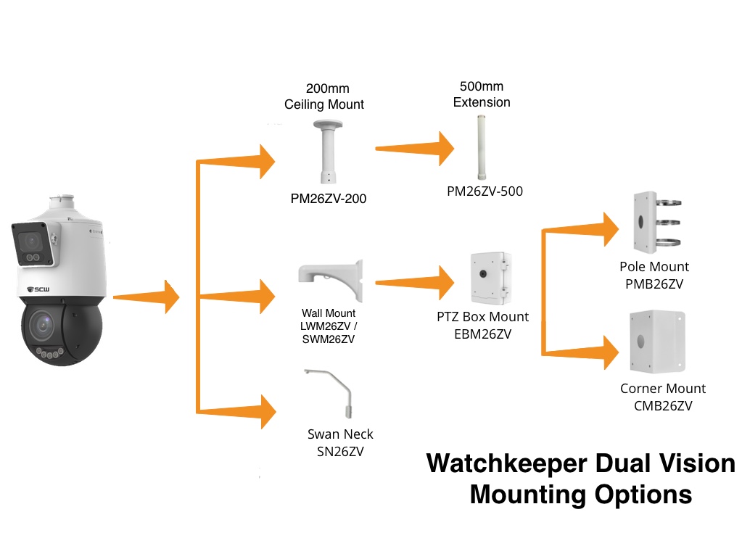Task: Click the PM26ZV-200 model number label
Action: tap(329, 199)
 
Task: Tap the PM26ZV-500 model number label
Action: tap(485, 191)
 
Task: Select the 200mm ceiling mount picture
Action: tap(327, 152)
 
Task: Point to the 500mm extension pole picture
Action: tap(482, 147)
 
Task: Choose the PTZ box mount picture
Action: tap(491, 278)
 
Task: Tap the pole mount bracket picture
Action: tap(656, 223)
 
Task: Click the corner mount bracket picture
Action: tap(657, 342)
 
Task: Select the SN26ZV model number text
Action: tap(340, 452)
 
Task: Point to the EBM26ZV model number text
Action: tap(482, 334)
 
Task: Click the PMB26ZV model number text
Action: tap(654, 284)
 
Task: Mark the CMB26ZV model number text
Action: tap(663, 406)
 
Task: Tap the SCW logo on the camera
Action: tap(38, 289)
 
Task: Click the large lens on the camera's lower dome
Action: tap(42, 325)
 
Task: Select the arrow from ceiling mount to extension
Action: tap(415, 149)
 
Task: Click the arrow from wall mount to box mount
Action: tap(415, 282)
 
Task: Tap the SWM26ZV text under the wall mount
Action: tap(329, 339)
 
